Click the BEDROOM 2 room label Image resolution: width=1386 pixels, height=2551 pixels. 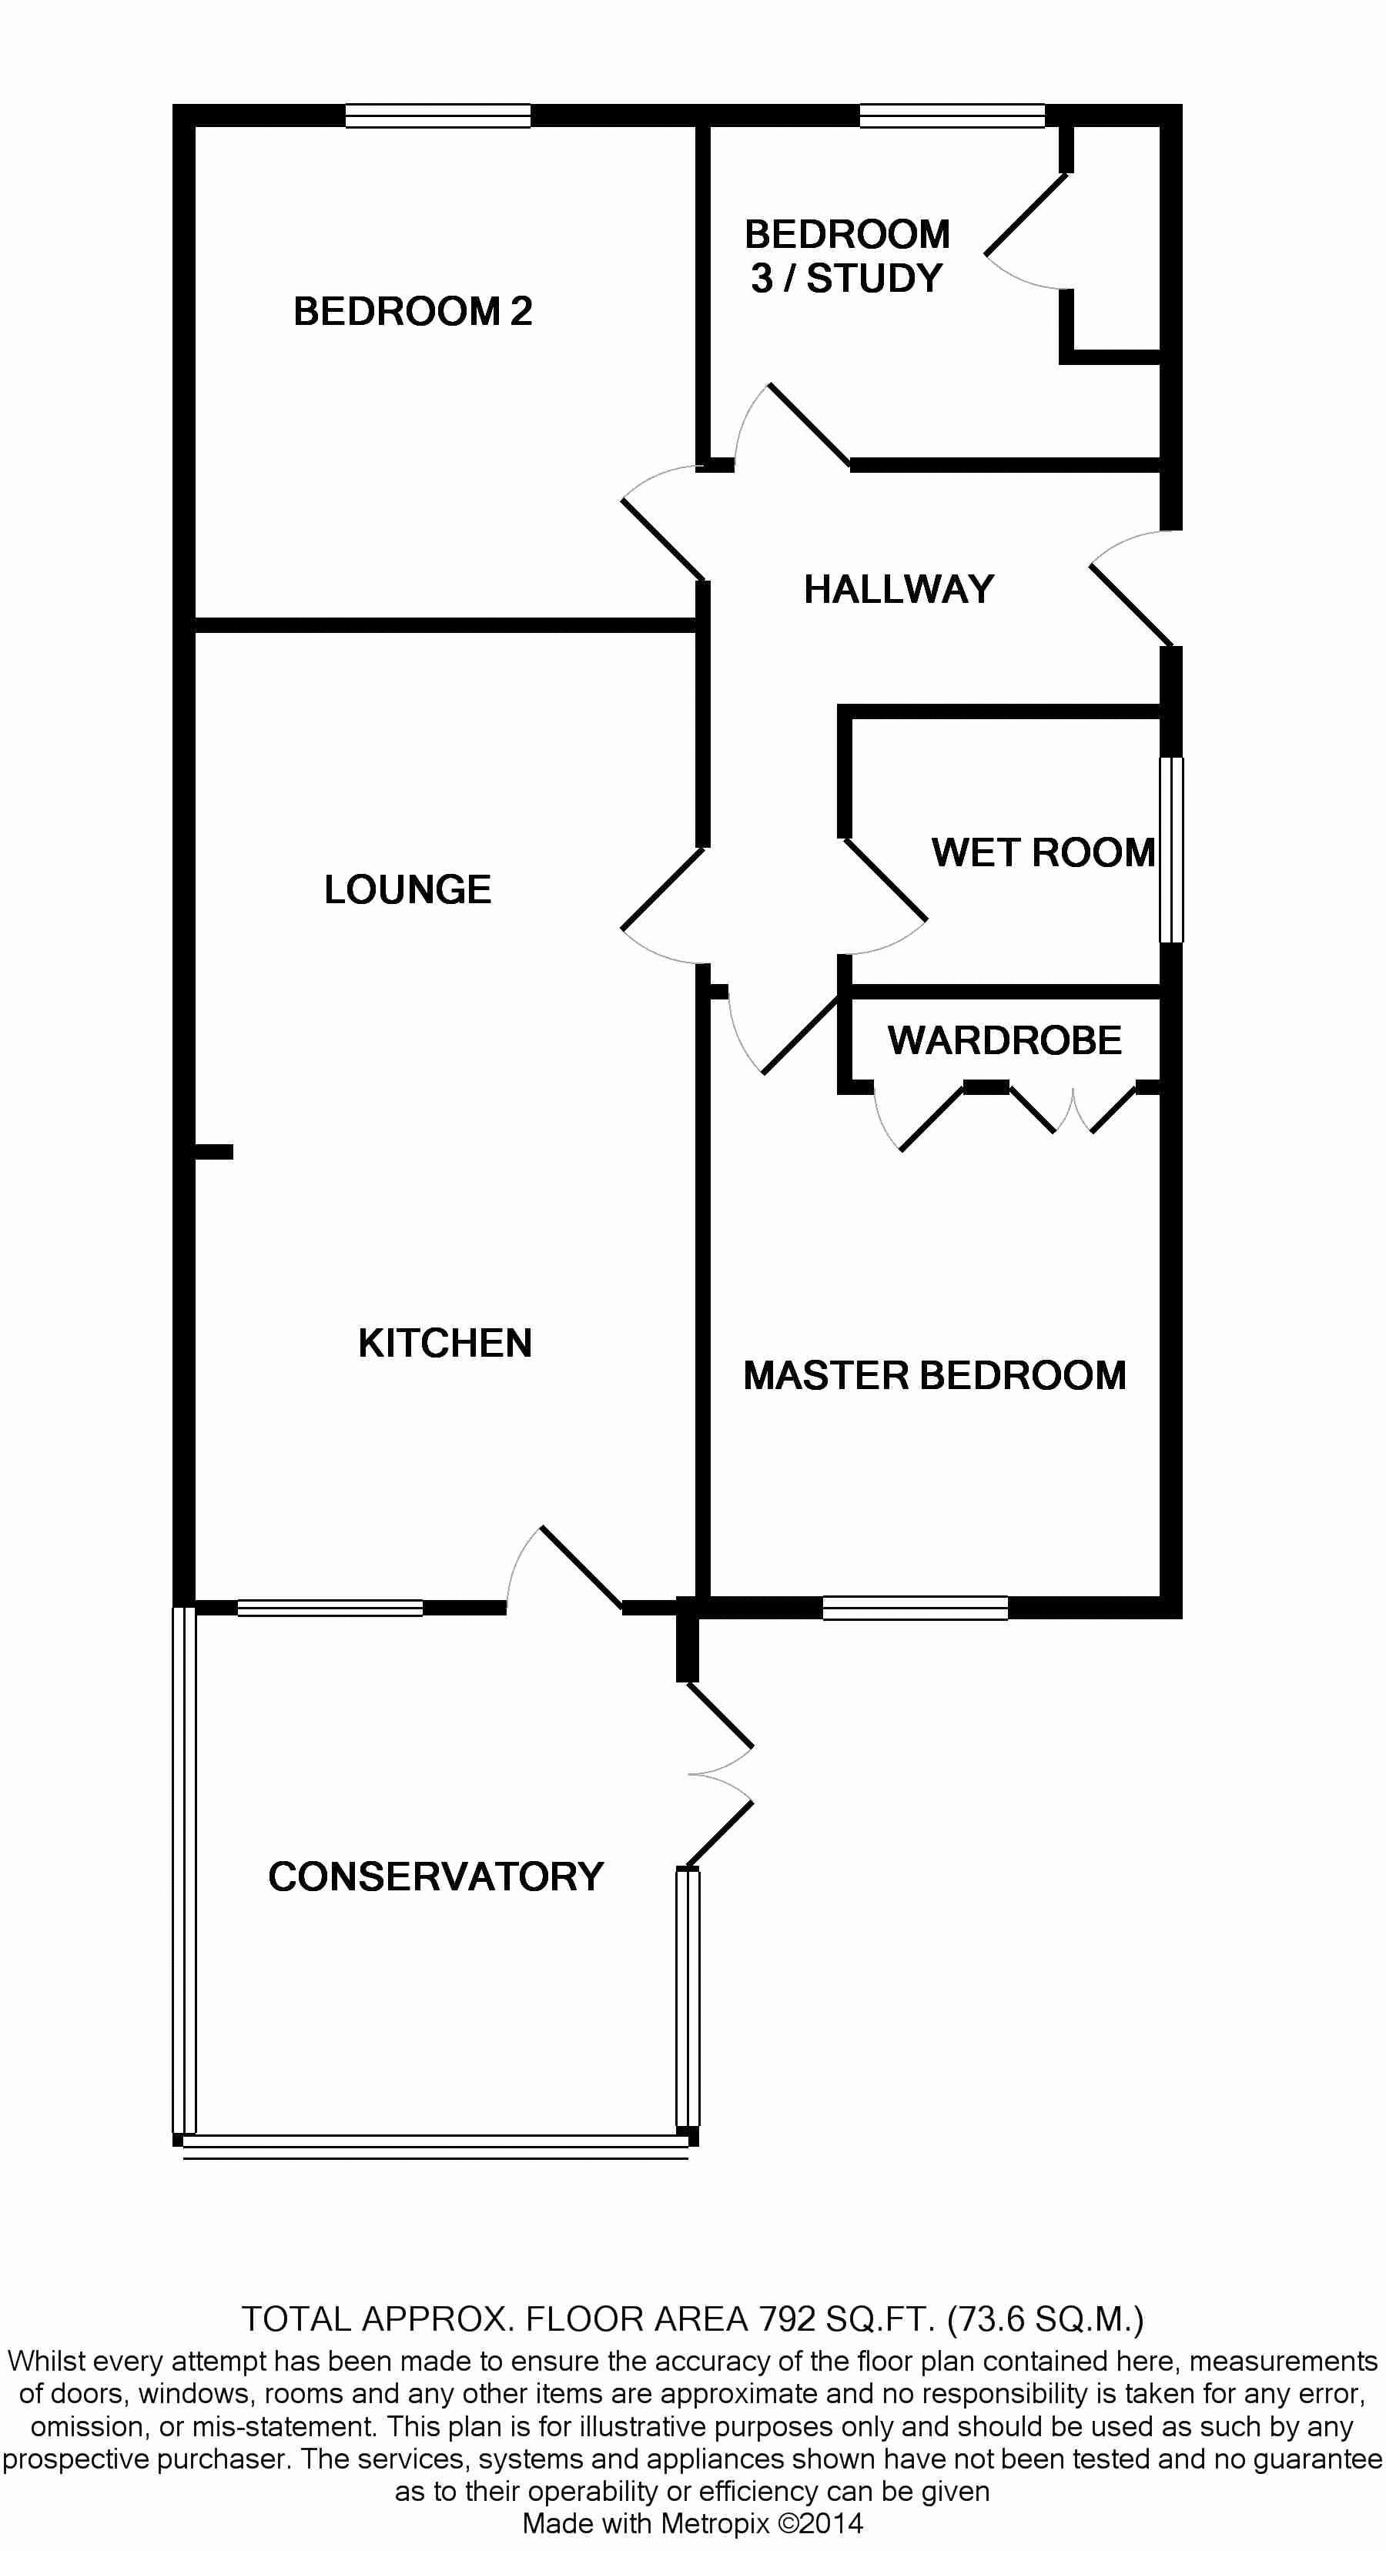413,312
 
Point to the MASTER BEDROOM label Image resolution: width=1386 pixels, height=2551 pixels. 935,1375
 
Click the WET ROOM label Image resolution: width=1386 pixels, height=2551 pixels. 1043,852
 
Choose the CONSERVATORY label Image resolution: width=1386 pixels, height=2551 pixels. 436,1876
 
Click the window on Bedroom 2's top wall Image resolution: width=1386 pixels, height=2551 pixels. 437,115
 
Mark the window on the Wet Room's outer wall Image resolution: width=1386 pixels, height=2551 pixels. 1171,849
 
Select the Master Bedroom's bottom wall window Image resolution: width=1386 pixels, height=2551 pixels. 915,1609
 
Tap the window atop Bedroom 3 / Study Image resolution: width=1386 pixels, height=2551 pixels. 952,115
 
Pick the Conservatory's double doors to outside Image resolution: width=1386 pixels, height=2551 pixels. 720,1775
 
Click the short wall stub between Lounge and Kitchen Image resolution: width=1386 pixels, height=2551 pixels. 213,1152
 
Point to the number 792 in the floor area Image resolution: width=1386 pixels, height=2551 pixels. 787,2318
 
